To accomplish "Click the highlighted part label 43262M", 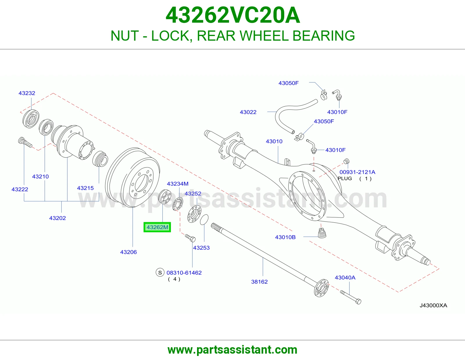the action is coord(157,227).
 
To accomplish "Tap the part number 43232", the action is coord(27,93).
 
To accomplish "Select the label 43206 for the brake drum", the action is coord(128,252).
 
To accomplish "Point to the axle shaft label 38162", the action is coord(259,282).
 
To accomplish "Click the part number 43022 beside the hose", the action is coord(248,112).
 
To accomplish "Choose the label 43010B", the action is coord(285,237).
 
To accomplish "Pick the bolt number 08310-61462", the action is coord(184,273).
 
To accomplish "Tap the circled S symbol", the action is coord(160,273).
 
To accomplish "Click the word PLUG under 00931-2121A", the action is coord(345,178).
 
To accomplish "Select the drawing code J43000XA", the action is coord(433,305).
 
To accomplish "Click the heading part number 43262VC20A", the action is coord(233,15).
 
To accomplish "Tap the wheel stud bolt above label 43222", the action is coord(25,143).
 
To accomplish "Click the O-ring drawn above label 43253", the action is coord(204,220).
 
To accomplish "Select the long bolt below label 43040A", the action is coord(350,297).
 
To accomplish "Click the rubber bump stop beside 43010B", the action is coord(322,233).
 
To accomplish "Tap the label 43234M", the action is coord(178,184).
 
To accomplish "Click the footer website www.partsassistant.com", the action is coord(233,350).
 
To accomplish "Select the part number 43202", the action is coord(58,218).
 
